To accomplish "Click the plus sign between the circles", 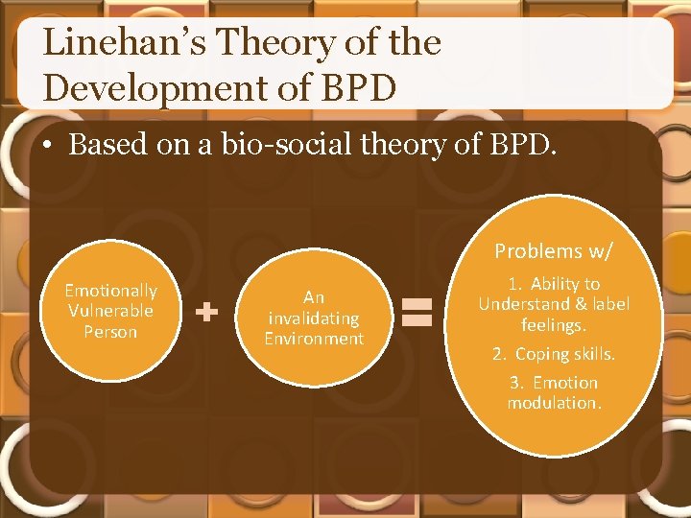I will (x=205, y=311).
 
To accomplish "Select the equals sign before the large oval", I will (x=417, y=312).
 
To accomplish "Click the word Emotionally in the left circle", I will (x=110, y=290).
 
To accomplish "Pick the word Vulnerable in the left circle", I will (x=110, y=311).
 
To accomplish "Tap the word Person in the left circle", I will (x=110, y=332).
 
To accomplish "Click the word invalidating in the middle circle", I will (x=314, y=318).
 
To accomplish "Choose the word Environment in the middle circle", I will (x=314, y=339).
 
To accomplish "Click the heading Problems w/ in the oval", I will (x=554, y=251).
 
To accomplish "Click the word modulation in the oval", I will (x=554, y=403).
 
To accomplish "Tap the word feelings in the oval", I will (x=554, y=325).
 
